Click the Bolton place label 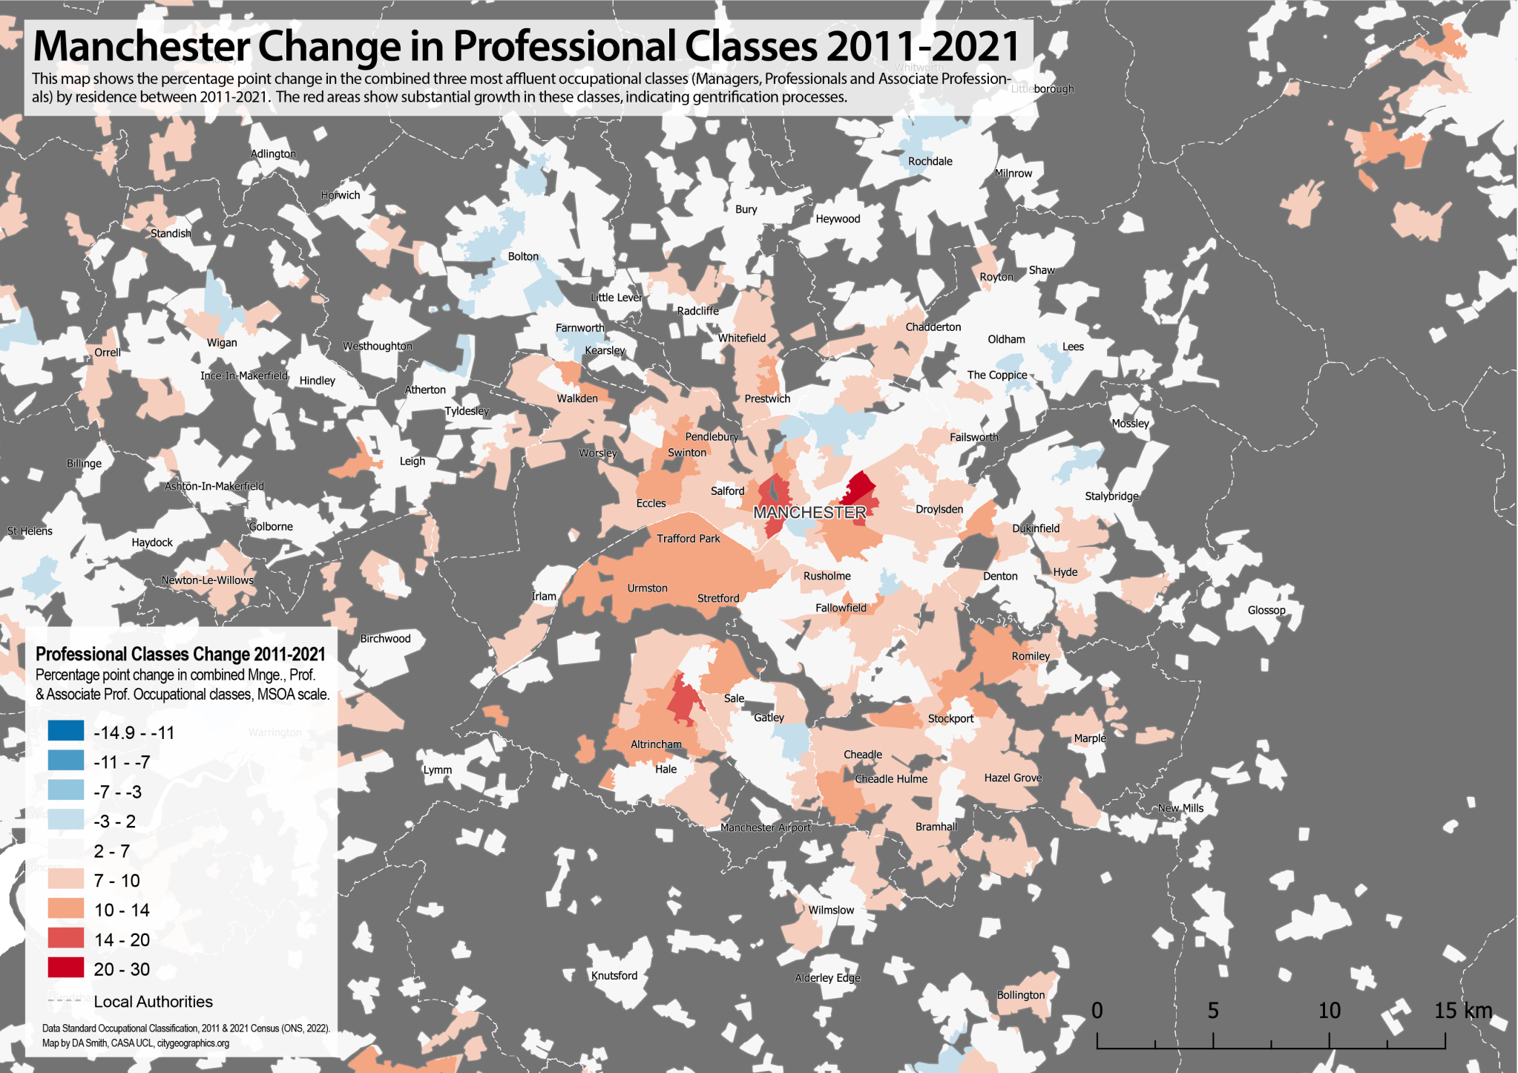click(523, 256)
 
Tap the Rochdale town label click(930, 161)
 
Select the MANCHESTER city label click(809, 512)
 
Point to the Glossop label click(1266, 610)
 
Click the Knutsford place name click(614, 975)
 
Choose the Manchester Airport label click(765, 827)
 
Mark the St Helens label click(30, 531)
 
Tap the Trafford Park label click(688, 538)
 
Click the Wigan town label click(222, 342)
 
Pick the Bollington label click(1020, 994)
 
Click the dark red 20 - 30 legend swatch click(66, 968)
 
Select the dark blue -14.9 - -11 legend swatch click(66, 732)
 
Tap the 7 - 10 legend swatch click(66, 880)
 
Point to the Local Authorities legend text click(153, 1001)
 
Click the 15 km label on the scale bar click(1462, 1010)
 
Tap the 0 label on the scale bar click(1097, 1010)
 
